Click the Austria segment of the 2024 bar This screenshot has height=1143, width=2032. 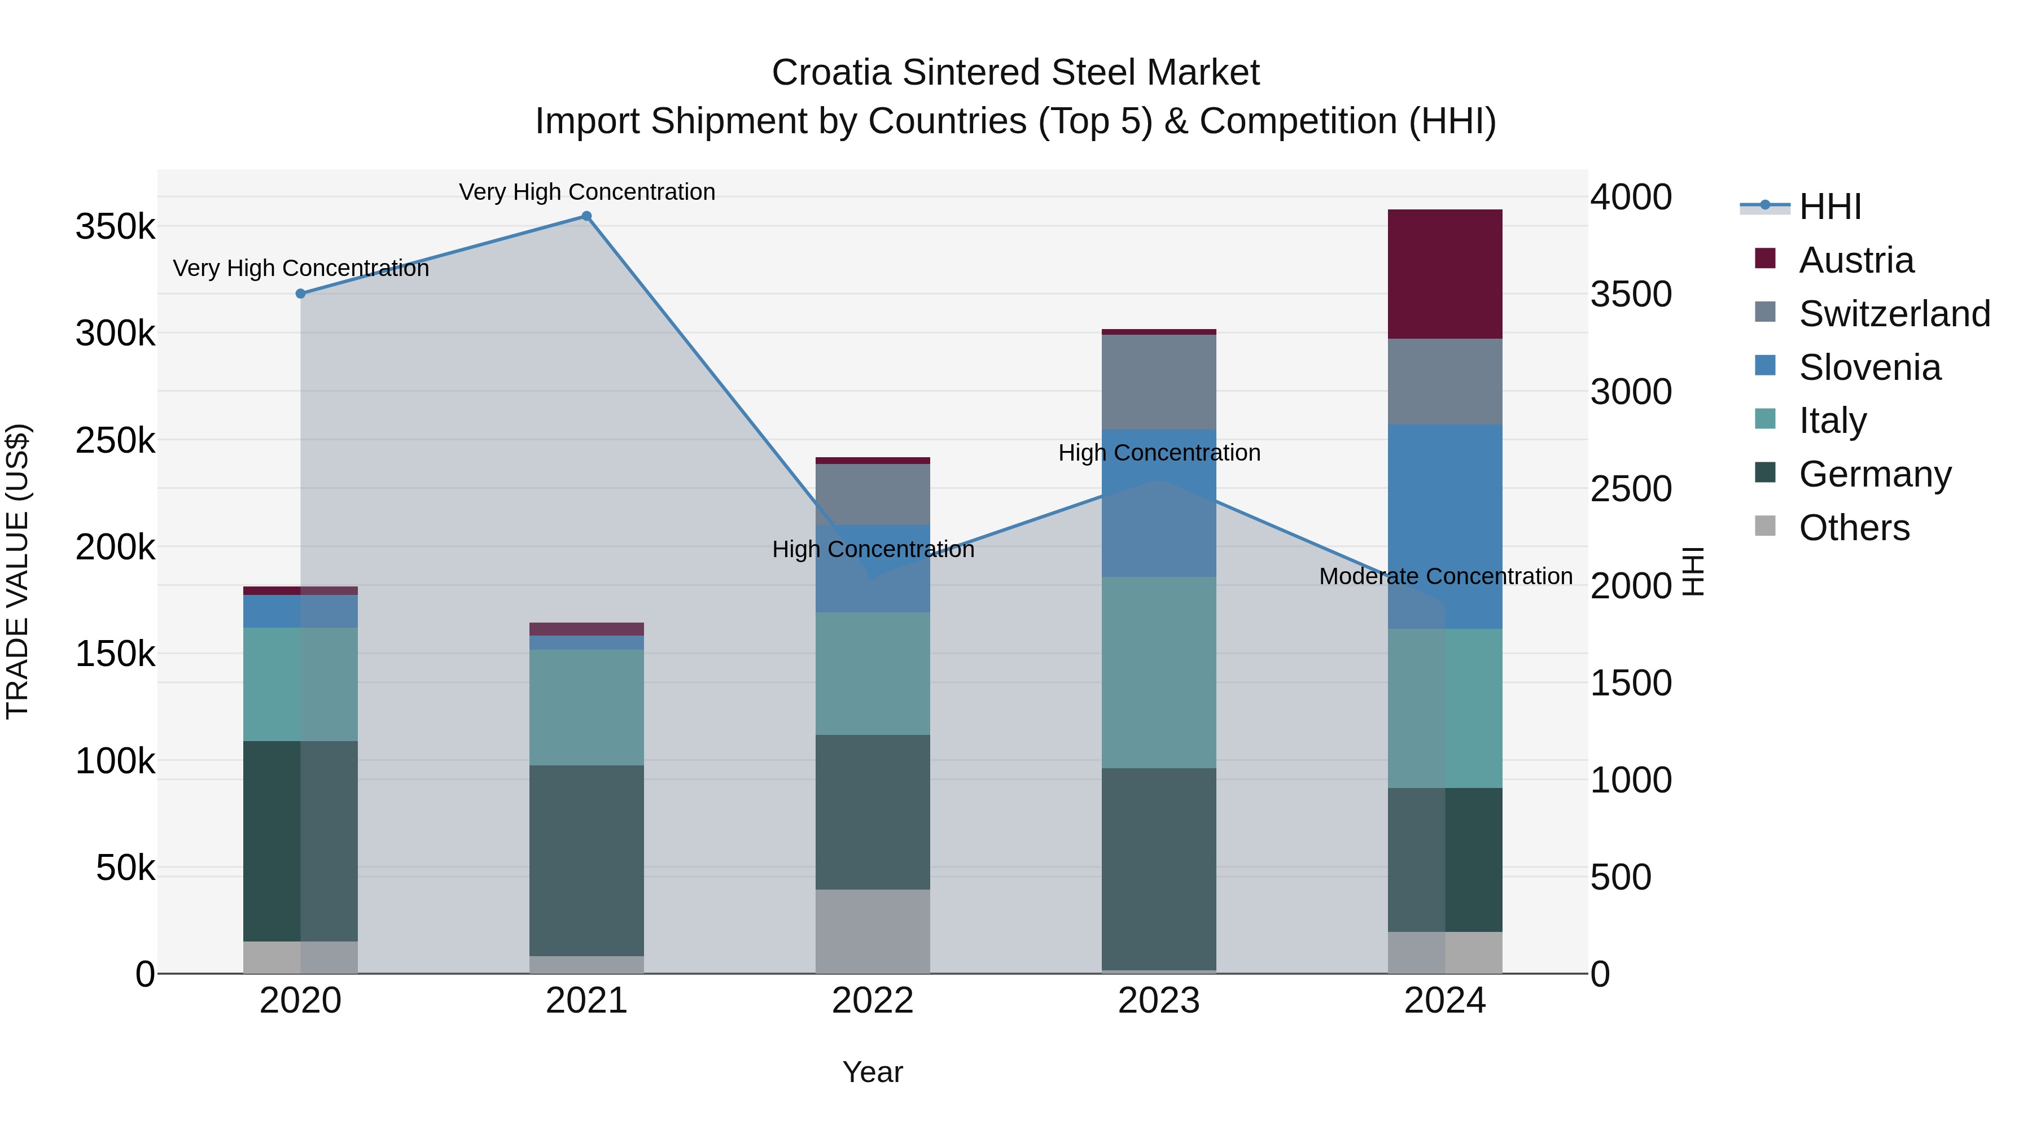(1444, 274)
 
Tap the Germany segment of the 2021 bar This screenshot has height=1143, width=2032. (586, 860)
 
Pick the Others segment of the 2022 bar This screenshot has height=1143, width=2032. (873, 931)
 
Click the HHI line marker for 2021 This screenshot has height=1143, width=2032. (586, 216)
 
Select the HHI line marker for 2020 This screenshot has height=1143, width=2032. (300, 294)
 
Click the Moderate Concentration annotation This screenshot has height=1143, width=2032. (1445, 577)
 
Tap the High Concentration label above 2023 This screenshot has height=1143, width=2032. (1159, 453)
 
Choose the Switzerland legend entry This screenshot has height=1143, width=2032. (1894, 314)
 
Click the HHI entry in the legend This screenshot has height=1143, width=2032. (1830, 207)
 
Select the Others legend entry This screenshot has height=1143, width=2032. (1854, 528)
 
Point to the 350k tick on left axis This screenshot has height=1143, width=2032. (115, 227)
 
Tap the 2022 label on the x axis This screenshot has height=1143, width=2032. (873, 1001)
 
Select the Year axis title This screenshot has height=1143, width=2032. (873, 1072)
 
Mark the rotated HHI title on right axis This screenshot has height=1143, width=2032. (1693, 571)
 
